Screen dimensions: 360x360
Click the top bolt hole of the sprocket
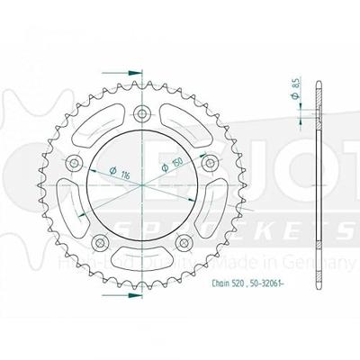pyautogui.click(x=141, y=113)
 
